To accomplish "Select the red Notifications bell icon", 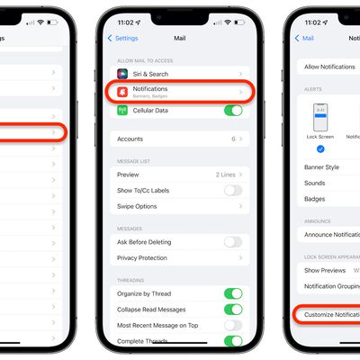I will click(122, 91).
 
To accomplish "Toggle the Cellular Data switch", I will click(233, 110).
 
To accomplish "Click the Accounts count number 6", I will click(233, 139).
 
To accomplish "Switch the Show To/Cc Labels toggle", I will click(233, 190).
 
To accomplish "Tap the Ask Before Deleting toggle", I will click(233, 241).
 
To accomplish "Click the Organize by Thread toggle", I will click(233, 293).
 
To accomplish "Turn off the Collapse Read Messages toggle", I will click(233, 309).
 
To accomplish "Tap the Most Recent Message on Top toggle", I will click(233, 325).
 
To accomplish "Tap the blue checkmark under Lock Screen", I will click(321, 149).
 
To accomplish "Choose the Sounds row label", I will click(314, 183).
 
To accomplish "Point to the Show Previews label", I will click(325, 270).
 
